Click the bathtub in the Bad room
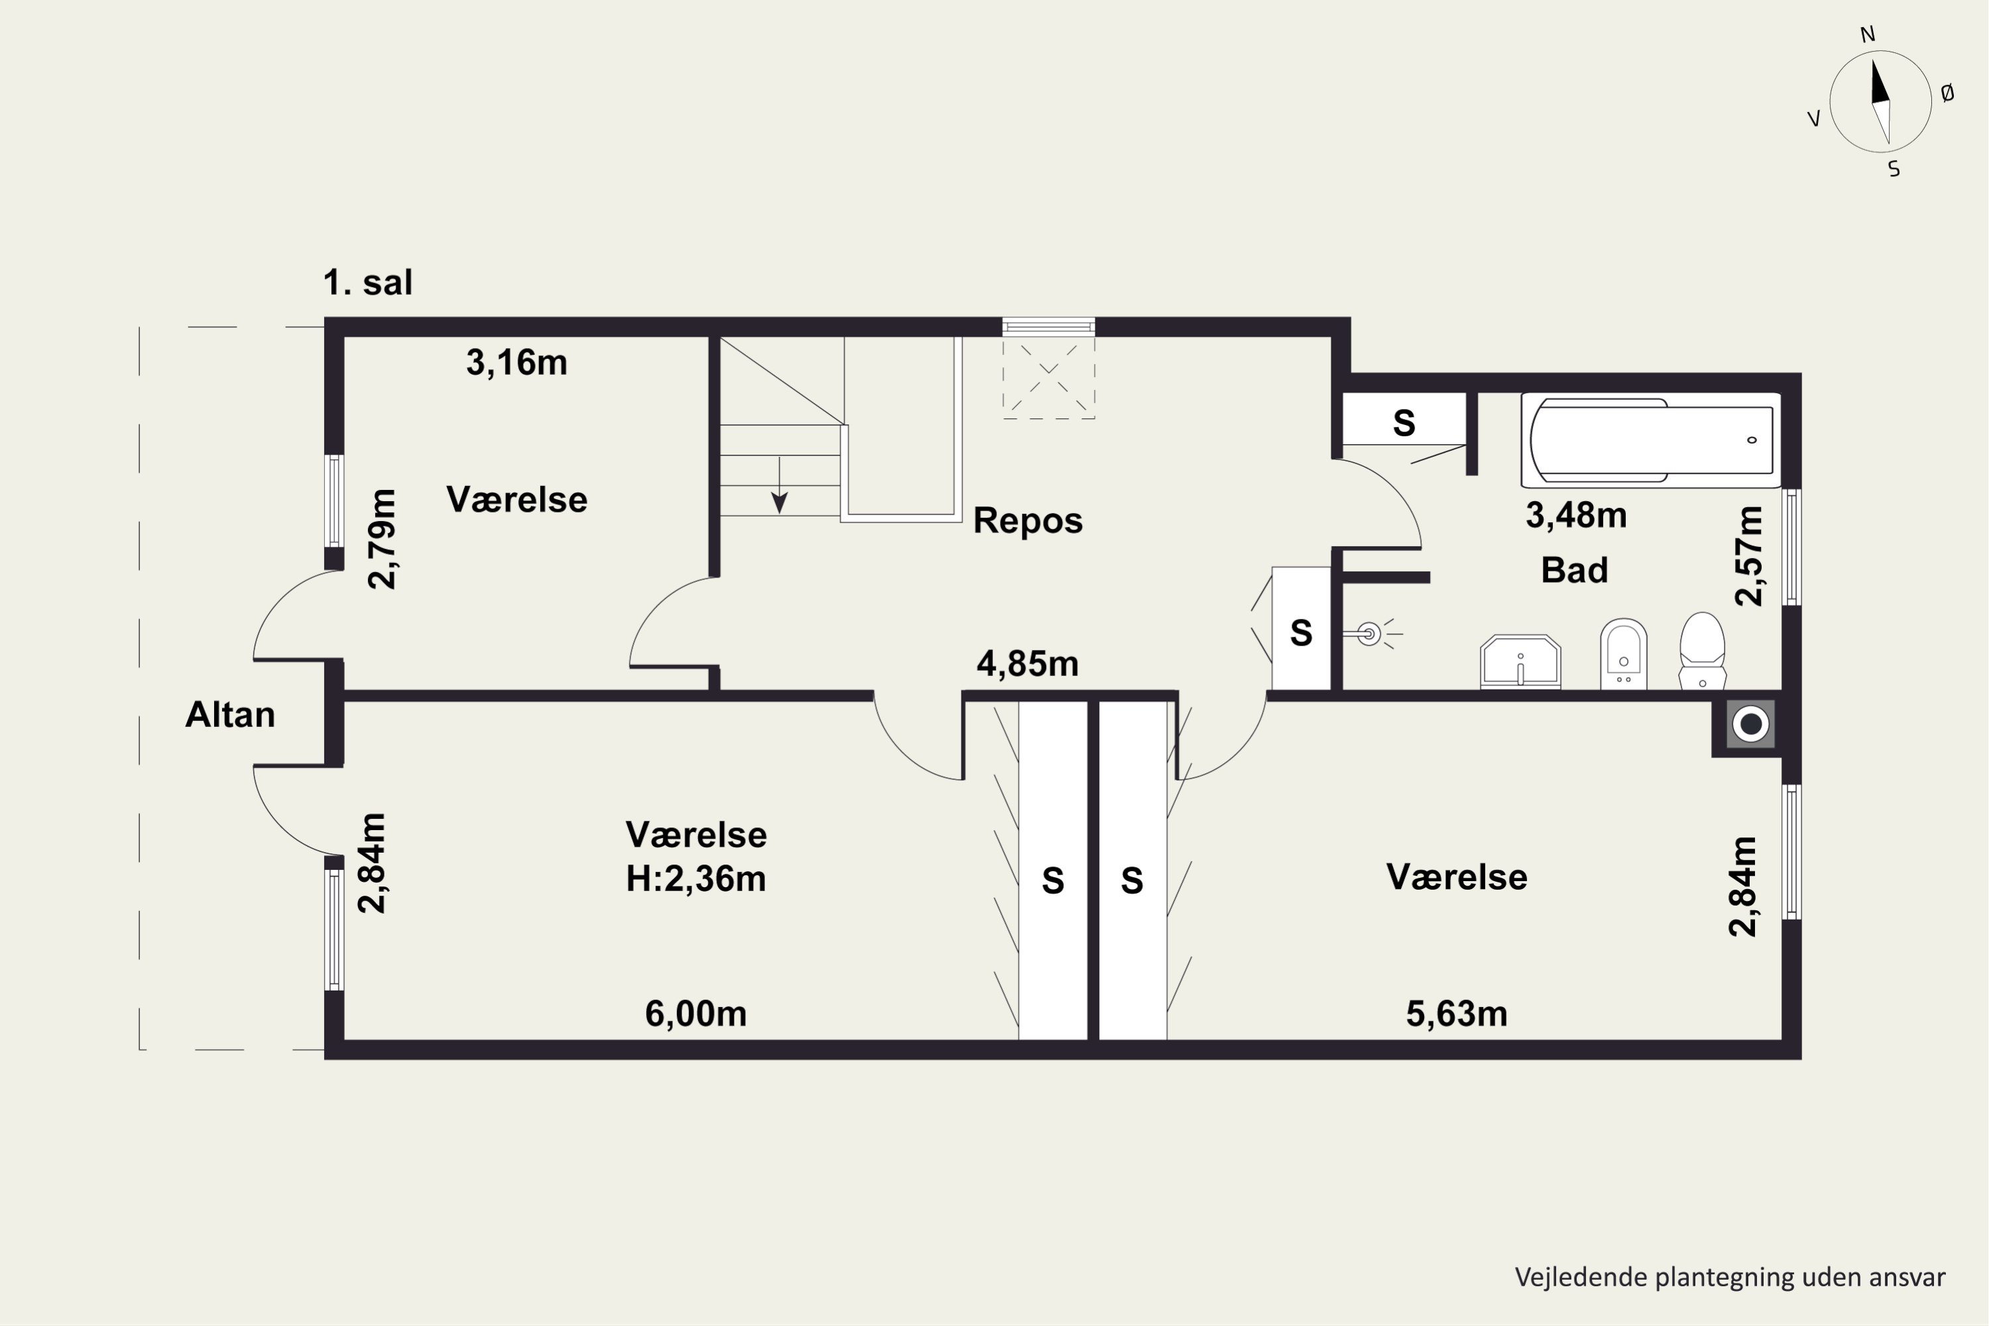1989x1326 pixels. click(x=1651, y=440)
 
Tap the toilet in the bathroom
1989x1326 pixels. click(x=1701, y=650)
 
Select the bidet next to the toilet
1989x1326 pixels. click(x=1624, y=654)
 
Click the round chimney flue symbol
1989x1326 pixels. click(x=1750, y=724)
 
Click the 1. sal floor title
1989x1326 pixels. click(x=368, y=282)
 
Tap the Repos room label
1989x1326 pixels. click(x=1028, y=520)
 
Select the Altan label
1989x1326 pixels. click(x=230, y=715)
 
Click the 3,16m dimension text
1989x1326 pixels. click(x=516, y=363)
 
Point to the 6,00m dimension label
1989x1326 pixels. click(x=696, y=1013)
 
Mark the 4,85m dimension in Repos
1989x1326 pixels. click(x=1028, y=664)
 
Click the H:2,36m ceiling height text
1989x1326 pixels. click(x=696, y=878)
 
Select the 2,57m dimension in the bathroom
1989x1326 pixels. click(x=1749, y=556)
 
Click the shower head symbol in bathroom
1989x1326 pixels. click(x=1369, y=633)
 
